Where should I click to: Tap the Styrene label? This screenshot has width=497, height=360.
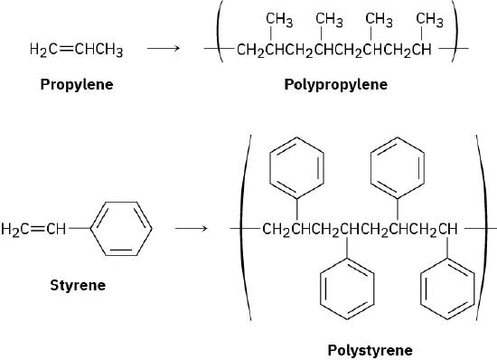pos(78,285)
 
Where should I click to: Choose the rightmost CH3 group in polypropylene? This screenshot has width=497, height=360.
pos(428,20)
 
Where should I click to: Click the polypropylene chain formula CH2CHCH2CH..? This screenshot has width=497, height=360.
pos(333,49)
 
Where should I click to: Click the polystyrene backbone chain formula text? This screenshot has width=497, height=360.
pos(359,229)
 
